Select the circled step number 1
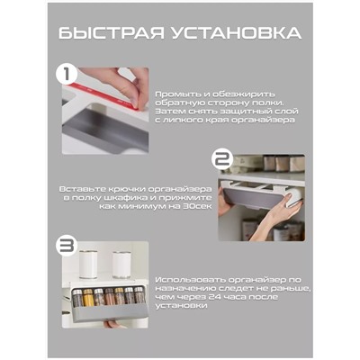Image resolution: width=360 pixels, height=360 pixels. pyautogui.click(x=65, y=73)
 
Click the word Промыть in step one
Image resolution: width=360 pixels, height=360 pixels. pyautogui.click(x=176, y=94)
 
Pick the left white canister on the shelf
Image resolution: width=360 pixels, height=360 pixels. pyautogui.click(x=90, y=265)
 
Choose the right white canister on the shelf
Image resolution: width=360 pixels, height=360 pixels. pyautogui.click(x=121, y=265)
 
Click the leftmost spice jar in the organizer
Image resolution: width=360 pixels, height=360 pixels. pyautogui.click(x=78, y=296)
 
